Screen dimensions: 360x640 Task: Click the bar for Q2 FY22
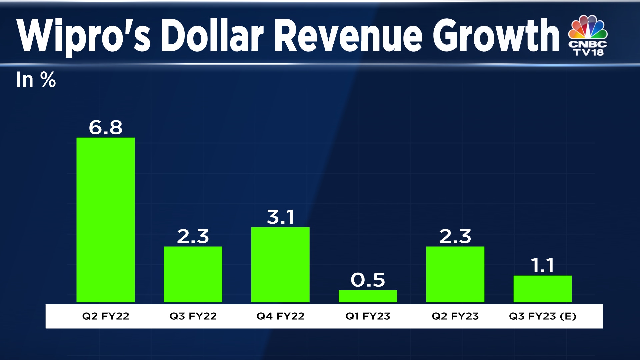tap(105, 220)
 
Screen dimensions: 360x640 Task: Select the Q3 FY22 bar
tap(193, 274)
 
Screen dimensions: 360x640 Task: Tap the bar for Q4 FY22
tap(280, 264)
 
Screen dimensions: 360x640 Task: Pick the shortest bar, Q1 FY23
tap(368, 296)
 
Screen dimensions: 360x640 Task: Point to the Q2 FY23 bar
tap(455, 274)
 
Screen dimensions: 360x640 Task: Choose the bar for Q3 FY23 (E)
tap(542, 289)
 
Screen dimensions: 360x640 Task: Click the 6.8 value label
tap(105, 127)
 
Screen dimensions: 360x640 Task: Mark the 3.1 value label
tap(280, 217)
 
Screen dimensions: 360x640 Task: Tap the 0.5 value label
tap(368, 280)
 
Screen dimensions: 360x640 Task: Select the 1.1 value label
tap(542, 265)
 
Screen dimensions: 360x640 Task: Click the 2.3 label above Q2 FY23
tap(455, 236)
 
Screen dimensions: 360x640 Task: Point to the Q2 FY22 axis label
tap(105, 316)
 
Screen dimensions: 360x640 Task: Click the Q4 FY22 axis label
tap(280, 316)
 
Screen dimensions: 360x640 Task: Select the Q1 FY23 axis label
tap(368, 316)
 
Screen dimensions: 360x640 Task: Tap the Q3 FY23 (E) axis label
tap(542, 316)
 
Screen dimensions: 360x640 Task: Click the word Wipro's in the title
tap(83, 36)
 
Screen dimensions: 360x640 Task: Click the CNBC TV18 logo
tap(588, 35)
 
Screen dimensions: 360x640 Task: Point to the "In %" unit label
tap(36, 80)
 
